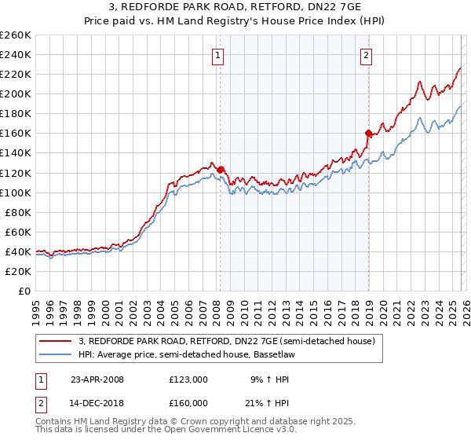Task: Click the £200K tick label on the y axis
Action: tap(15, 93)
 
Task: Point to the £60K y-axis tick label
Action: tap(17, 232)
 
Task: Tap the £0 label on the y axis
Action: tap(24, 291)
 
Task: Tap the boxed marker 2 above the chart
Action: tap(367, 55)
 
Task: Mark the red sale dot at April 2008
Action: tap(220, 169)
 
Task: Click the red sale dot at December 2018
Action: tap(368, 133)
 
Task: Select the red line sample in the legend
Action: tap(55, 341)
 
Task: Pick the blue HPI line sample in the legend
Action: tap(55, 354)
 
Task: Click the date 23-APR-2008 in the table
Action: tap(97, 379)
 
